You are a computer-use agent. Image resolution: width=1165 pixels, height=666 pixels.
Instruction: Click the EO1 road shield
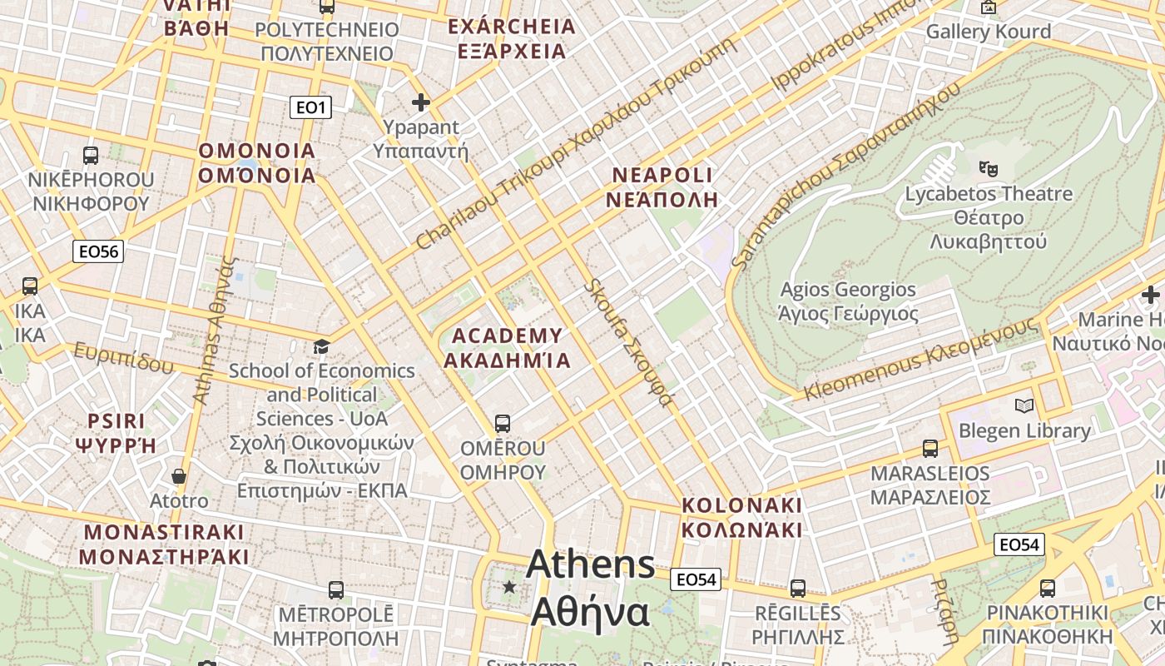click(x=311, y=107)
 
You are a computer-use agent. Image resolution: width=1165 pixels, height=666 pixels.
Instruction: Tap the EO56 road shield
click(x=98, y=251)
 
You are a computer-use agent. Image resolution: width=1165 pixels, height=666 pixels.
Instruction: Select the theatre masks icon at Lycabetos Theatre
click(x=989, y=169)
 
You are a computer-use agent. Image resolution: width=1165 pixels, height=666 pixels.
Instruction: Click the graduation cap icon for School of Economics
click(x=321, y=346)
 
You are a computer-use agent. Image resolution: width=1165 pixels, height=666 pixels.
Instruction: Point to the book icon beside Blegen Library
click(x=1024, y=406)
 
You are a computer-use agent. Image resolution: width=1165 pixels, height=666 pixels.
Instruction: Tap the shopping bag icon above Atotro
click(x=179, y=476)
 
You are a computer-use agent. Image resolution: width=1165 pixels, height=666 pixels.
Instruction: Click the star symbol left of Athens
click(x=509, y=587)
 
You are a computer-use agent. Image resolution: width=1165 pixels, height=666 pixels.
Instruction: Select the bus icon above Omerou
click(x=502, y=423)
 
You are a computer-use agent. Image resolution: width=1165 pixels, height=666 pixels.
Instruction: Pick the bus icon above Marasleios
click(x=930, y=449)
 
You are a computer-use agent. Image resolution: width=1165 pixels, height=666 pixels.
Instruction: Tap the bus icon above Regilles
click(x=798, y=589)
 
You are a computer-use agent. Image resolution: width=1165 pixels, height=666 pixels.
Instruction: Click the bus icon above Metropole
click(x=335, y=590)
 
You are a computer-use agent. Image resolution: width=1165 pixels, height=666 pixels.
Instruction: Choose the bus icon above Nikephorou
click(x=91, y=155)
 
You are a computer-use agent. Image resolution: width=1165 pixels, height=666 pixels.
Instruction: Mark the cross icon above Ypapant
click(x=421, y=102)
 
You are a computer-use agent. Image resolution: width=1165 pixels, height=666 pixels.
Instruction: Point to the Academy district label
click(x=507, y=348)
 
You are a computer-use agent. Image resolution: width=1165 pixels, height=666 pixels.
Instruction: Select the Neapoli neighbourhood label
click(x=662, y=187)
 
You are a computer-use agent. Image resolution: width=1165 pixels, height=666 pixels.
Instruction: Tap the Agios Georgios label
click(x=848, y=301)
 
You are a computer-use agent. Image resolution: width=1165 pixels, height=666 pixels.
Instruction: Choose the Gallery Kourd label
click(x=988, y=32)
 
